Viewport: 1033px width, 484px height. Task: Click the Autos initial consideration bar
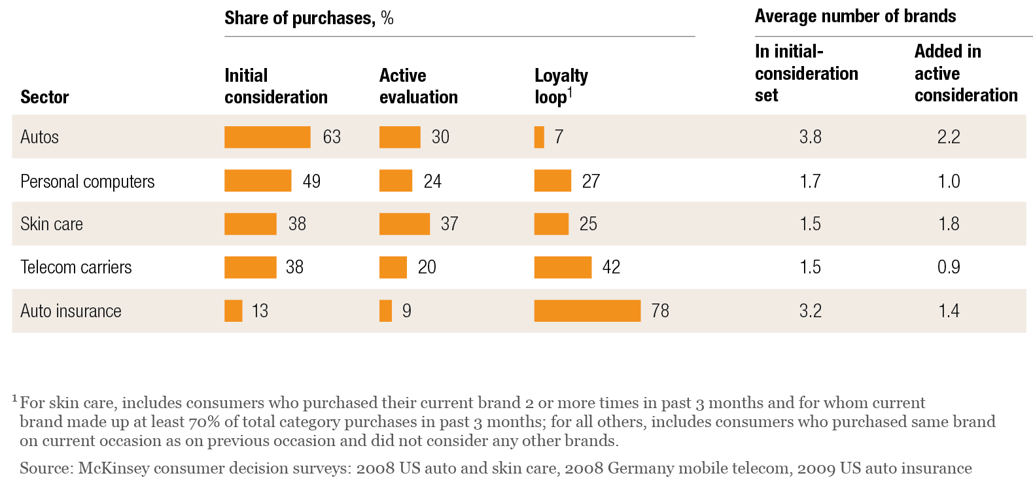point(267,137)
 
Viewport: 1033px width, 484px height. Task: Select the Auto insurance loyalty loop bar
point(587,311)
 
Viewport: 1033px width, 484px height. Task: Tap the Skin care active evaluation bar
point(404,224)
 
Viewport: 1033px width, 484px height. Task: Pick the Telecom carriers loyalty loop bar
point(563,267)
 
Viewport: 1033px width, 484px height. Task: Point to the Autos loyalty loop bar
point(539,137)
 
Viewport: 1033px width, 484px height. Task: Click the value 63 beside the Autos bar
point(332,137)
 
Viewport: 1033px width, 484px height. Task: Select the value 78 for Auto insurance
point(660,311)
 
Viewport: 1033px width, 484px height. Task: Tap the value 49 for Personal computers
point(311,181)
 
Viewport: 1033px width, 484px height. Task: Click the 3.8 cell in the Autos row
point(810,137)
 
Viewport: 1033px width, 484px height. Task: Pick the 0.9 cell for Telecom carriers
point(949,267)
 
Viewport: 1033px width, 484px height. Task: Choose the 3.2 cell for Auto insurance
point(810,311)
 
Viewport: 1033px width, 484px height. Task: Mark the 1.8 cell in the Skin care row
point(949,224)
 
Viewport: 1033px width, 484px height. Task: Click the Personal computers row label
point(87,181)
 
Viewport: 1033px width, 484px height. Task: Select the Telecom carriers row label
point(76,267)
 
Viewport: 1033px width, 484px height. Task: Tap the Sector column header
point(44,97)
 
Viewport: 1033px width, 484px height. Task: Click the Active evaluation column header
point(418,86)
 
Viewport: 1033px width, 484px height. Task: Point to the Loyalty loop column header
point(561,86)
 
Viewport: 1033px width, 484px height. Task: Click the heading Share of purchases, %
point(309,18)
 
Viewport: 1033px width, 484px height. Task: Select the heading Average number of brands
point(855,16)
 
